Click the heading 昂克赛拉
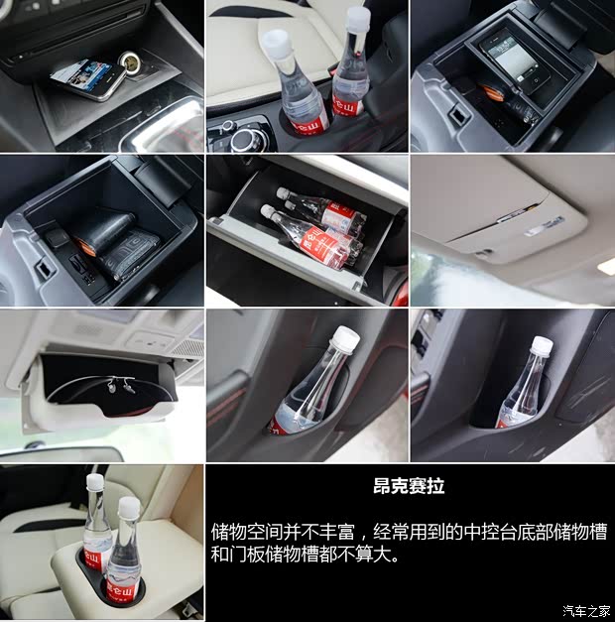(409, 486)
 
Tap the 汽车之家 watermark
(586, 610)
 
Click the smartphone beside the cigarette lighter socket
(88, 79)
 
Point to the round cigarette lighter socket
(131, 62)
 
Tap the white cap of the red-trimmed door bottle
(346, 338)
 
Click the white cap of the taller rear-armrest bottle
(95, 482)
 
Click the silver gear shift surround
(167, 127)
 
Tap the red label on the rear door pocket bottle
(503, 424)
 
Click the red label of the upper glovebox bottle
(338, 214)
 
